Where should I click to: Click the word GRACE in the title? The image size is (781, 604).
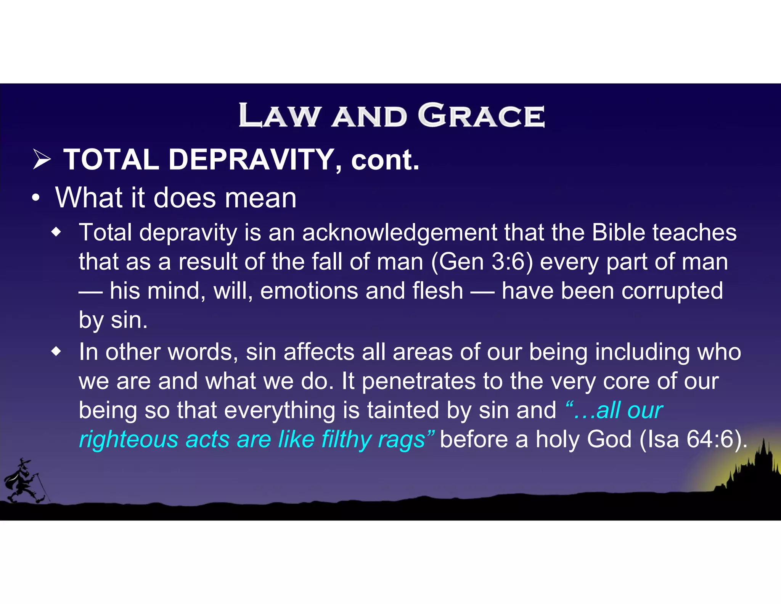pyautogui.click(x=481, y=115)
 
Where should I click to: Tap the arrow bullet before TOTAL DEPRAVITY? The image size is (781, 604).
pyautogui.click(x=42, y=160)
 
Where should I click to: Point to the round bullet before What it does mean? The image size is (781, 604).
pyautogui.click(x=35, y=198)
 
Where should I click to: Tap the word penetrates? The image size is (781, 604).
pyautogui.click(x=418, y=381)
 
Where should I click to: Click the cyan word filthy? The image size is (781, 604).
pyautogui.click(x=346, y=439)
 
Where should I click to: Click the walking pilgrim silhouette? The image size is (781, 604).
pyautogui.click(x=24, y=481)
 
